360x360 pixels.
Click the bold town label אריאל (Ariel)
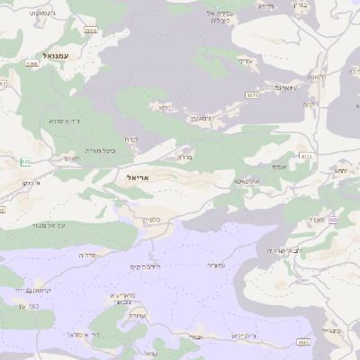(x=132, y=179)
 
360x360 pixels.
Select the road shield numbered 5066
(x=32, y=65)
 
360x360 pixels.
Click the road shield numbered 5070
(x=252, y=94)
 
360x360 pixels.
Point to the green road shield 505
(x=26, y=162)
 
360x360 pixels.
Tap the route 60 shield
(x=333, y=220)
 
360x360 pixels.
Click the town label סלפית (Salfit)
(x=152, y=219)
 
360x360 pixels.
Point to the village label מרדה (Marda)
(x=184, y=157)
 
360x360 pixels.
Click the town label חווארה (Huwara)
(x=316, y=77)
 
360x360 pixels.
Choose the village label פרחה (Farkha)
(x=87, y=255)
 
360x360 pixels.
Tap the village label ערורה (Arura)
(x=137, y=315)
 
